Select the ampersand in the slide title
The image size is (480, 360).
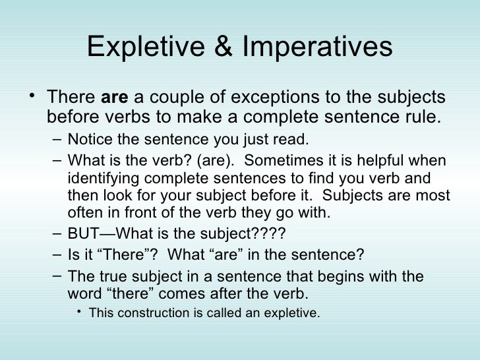pyautogui.click(x=211, y=47)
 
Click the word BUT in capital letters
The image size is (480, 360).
pyautogui.click(x=80, y=234)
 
